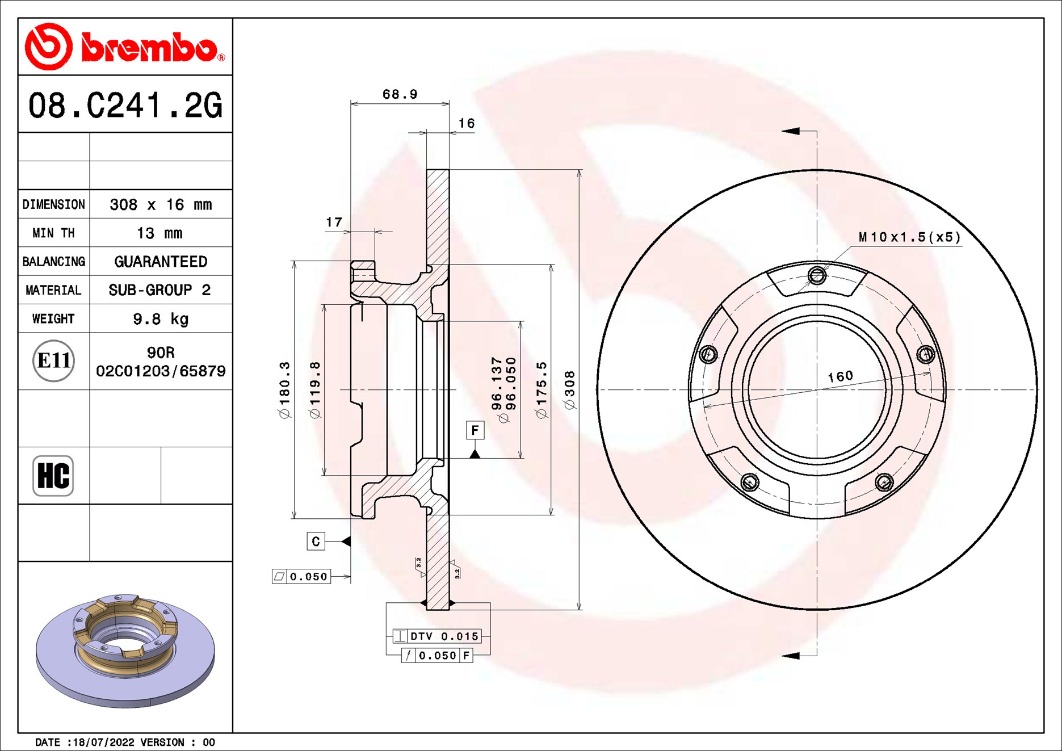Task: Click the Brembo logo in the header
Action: point(124,47)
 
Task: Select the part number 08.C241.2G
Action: point(125,106)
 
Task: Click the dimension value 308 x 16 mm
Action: point(161,204)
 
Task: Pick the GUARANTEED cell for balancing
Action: point(161,262)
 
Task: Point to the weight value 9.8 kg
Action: point(161,319)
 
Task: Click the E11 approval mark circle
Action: point(53,360)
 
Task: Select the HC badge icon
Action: point(53,476)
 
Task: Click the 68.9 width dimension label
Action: point(400,94)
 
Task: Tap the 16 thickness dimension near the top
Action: point(466,123)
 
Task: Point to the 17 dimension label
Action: point(334,222)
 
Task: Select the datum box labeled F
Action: point(475,430)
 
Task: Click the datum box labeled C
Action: point(316,542)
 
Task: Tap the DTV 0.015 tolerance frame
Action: point(437,636)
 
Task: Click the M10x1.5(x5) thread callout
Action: point(909,237)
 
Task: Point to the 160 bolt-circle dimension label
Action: point(840,376)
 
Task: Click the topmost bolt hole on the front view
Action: point(817,276)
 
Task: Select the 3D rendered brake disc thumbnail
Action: point(125,650)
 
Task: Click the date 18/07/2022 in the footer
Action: point(104,742)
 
